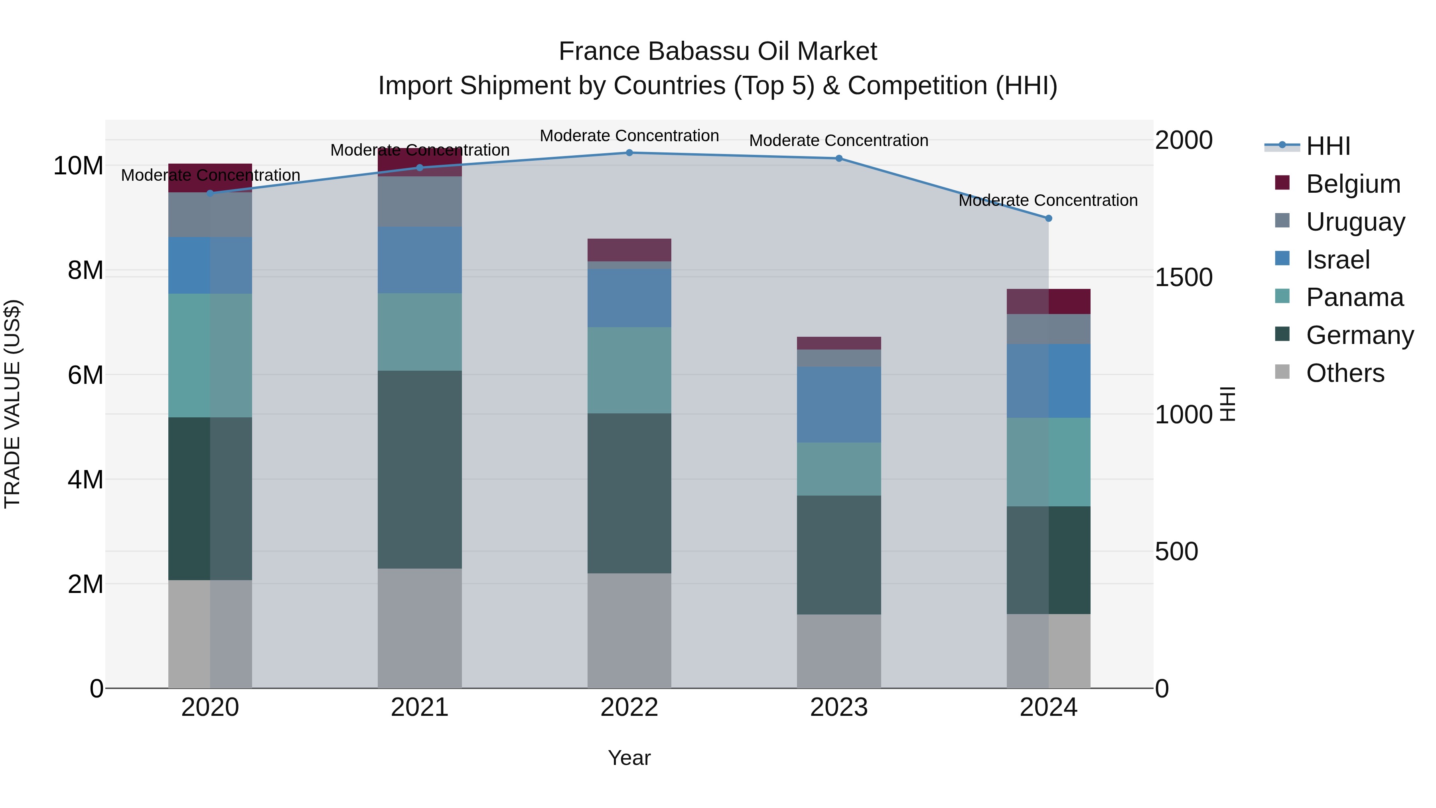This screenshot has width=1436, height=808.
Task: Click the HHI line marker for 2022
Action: pyautogui.click(x=629, y=153)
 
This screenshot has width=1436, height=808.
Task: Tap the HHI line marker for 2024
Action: pyautogui.click(x=1049, y=219)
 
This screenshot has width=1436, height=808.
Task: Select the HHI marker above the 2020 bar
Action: pyautogui.click(x=210, y=194)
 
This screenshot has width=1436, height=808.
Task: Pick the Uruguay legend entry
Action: pyautogui.click(x=1355, y=222)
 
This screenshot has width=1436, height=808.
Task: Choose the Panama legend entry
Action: pyautogui.click(x=1354, y=297)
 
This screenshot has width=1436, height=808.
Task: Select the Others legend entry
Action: pyautogui.click(x=1345, y=373)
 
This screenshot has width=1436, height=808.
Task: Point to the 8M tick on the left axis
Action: pyautogui.click(x=85, y=271)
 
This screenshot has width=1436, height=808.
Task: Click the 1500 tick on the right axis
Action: pyautogui.click(x=1184, y=278)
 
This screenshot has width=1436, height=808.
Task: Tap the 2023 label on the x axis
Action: pyautogui.click(x=838, y=707)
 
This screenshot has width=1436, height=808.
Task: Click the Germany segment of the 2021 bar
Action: pyautogui.click(x=420, y=470)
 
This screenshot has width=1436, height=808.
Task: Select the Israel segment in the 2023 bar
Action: pyautogui.click(x=838, y=405)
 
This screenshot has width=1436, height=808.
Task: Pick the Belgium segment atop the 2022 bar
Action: pyautogui.click(x=629, y=250)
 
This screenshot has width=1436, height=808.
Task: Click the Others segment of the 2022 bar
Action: pyautogui.click(x=629, y=631)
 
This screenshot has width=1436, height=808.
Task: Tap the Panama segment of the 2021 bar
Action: pyautogui.click(x=420, y=332)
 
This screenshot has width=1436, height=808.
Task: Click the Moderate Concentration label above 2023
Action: pyautogui.click(x=838, y=140)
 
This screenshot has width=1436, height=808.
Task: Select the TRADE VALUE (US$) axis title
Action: pyautogui.click(x=12, y=404)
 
